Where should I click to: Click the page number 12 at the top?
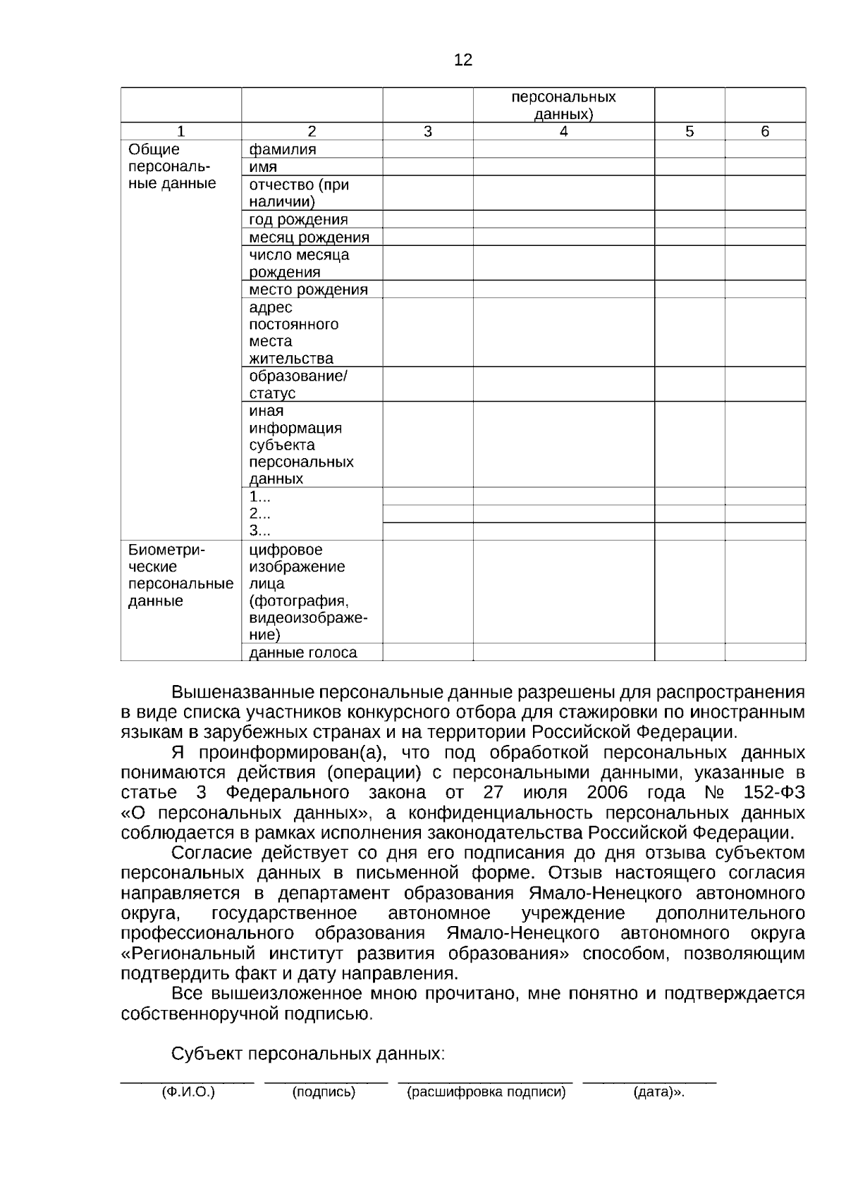tap(463, 60)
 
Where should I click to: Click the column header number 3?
tap(427, 131)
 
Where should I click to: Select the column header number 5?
tap(689, 131)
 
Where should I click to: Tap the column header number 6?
tap(765, 131)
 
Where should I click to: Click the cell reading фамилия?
tap(283, 149)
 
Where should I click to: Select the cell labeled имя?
tap(263, 167)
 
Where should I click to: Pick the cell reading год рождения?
tap(299, 219)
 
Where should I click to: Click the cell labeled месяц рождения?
tap(309, 238)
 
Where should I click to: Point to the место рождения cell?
tap(309, 290)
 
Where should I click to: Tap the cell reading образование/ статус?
tap(298, 384)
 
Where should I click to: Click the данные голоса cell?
tap(303, 653)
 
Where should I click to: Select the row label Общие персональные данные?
tap(171, 166)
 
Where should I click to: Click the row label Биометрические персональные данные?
tap(180, 575)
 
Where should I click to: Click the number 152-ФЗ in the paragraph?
tap(773, 792)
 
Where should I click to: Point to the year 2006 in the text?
tap(607, 792)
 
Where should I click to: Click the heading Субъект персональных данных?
tap(308, 1054)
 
